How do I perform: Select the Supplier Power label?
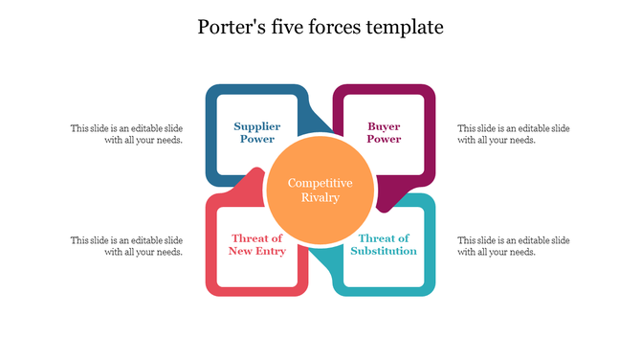click(x=256, y=132)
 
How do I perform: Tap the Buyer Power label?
click(x=385, y=132)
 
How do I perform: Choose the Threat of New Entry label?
click(x=256, y=244)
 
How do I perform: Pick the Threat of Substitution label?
click(x=385, y=244)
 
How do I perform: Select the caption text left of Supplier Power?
click(x=126, y=133)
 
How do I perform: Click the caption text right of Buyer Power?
click(x=514, y=133)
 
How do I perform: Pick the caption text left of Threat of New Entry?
click(x=126, y=245)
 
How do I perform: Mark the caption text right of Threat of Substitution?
click(x=514, y=245)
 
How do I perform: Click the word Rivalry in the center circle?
click(x=320, y=198)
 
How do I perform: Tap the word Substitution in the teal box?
click(x=385, y=251)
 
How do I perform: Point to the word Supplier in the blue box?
click(x=256, y=126)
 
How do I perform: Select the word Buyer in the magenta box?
click(x=385, y=126)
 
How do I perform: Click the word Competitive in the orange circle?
click(x=320, y=183)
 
